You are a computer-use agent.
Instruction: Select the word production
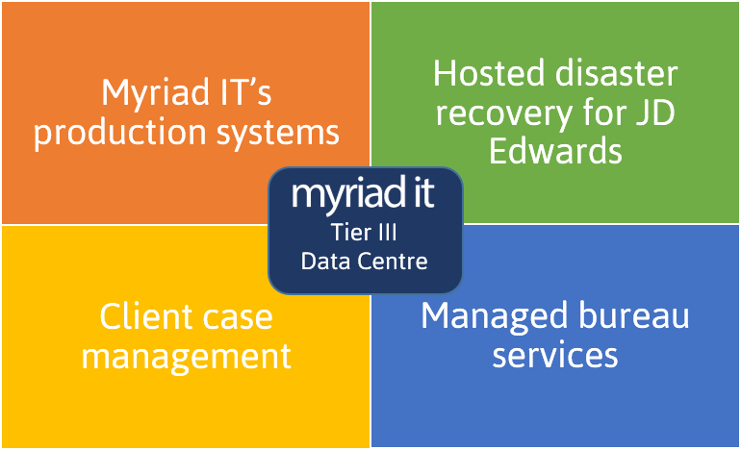click(119, 134)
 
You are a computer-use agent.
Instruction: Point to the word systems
click(278, 134)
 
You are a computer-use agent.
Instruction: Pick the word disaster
click(617, 74)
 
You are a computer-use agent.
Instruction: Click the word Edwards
click(555, 151)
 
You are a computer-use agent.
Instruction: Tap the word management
click(186, 358)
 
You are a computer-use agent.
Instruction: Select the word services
click(555, 356)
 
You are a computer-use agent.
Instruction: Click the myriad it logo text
click(363, 192)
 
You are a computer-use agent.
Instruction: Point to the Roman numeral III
click(387, 233)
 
